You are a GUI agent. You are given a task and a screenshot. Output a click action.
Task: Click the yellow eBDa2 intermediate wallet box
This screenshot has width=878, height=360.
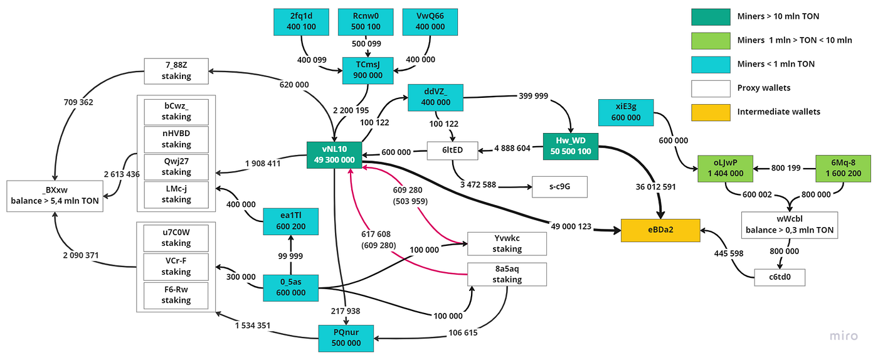coord(660,230)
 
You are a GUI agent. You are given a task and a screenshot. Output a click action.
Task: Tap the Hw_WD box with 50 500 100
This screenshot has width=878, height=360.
coord(571,146)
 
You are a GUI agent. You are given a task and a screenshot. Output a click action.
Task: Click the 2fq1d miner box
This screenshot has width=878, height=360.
coord(302,22)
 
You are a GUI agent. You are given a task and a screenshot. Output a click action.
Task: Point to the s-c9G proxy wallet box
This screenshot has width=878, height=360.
coord(559,186)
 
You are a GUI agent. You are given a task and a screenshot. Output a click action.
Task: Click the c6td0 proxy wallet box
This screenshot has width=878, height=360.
coord(780,277)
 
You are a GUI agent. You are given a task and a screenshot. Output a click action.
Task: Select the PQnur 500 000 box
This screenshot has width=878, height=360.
coord(346,337)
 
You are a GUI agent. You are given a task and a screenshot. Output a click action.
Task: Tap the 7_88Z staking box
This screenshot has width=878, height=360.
coord(176,71)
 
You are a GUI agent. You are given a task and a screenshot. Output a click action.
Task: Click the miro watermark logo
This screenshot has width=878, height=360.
coord(843,337)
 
